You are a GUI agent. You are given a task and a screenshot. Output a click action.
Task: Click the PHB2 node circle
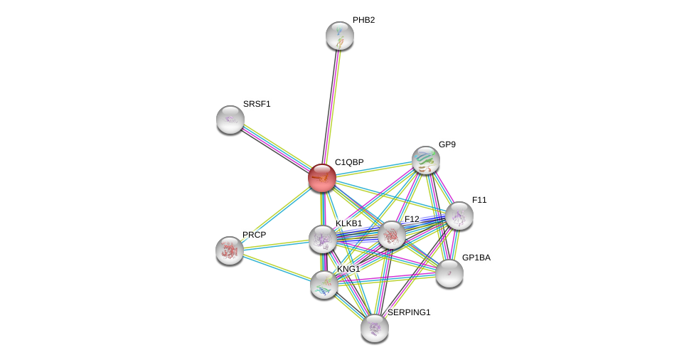tap(340, 36)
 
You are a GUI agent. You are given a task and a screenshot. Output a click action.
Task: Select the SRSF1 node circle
tap(230, 120)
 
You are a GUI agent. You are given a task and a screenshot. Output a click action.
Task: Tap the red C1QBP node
tap(322, 178)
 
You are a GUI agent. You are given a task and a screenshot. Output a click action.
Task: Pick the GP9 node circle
tap(426, 160)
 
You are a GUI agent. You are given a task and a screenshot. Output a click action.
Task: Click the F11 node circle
tap(459, 216)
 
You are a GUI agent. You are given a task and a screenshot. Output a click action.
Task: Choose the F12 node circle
tap(392, 235)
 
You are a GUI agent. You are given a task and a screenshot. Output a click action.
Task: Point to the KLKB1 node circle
tap(323, 239)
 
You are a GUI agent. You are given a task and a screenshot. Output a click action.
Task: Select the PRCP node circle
tap(230, 250)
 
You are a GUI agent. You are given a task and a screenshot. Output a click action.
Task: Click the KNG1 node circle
tap(324, 285)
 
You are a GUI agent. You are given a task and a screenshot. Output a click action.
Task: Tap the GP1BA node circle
tap(449, 273)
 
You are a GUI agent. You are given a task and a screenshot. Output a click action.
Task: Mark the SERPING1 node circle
tap(375, 328)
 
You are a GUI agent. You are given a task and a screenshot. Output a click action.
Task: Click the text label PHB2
tap(363, 20)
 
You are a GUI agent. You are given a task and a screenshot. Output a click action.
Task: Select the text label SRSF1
tap(257, 104)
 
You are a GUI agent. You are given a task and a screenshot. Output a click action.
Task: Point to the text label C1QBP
tap(349, 162)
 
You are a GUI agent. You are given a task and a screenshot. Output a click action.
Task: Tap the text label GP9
tap(447, 144)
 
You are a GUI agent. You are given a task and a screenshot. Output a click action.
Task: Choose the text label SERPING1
tap(409, 312)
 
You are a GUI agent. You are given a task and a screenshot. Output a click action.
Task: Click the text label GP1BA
tap(476, 258)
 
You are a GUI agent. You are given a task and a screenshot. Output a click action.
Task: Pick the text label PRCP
tap(254, 235)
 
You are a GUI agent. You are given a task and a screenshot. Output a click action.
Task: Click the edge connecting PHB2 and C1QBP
tap(331, 104)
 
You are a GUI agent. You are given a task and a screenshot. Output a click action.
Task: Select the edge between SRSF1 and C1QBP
tap(276, 149)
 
